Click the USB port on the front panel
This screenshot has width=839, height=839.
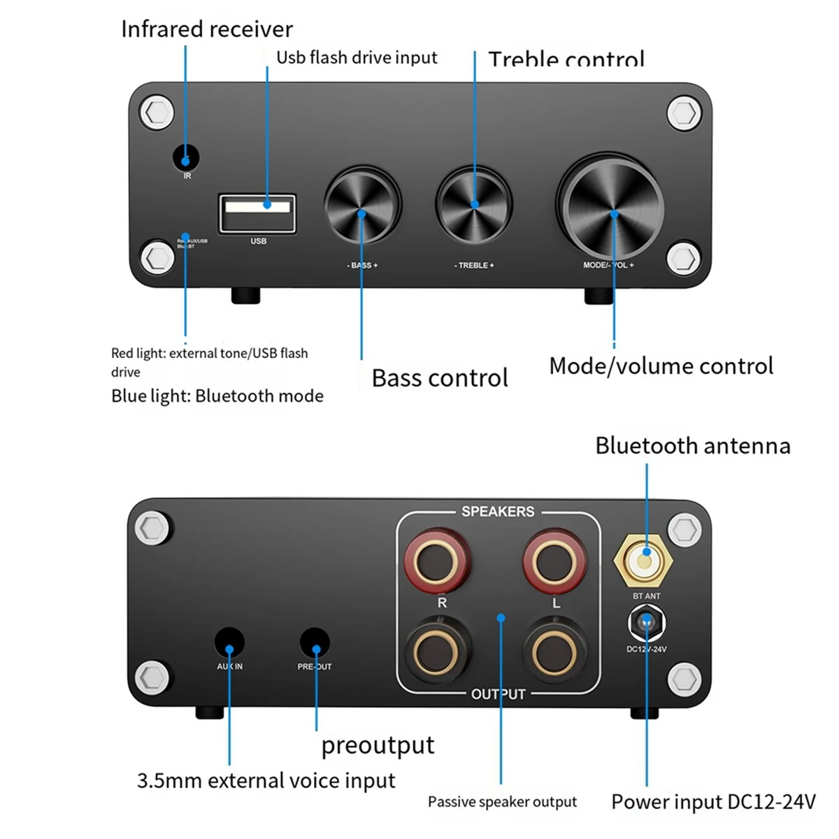258,213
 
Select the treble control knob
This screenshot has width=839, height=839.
475,204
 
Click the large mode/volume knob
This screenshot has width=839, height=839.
610,206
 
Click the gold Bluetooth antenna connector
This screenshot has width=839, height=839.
645,559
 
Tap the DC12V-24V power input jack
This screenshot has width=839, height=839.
647,623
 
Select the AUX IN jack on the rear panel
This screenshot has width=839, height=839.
229,643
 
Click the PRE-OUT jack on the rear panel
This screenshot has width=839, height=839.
315,643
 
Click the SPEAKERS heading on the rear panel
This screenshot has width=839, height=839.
498,512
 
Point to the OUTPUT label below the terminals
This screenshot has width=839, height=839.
498,694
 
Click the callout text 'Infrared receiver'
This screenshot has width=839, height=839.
207,29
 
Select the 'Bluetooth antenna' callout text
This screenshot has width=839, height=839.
692,446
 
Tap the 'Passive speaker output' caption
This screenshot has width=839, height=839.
502,802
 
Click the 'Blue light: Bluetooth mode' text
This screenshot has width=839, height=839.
217,396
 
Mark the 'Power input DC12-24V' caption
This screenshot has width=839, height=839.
713,802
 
